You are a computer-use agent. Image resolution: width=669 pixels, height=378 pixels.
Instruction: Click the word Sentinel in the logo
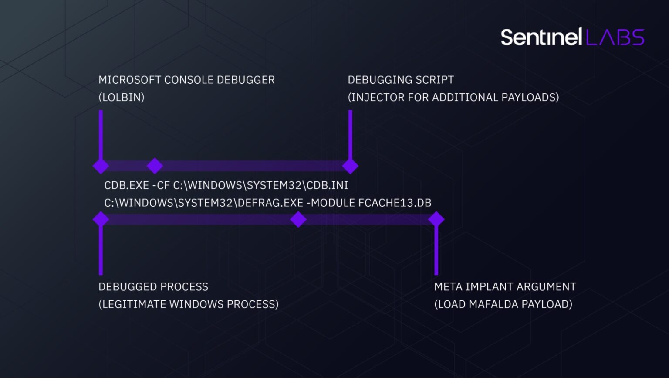(x=541, y=37)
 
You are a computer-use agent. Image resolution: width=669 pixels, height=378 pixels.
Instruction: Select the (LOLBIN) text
(x=121, y=97)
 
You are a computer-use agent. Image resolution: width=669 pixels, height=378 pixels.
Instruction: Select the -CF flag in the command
(x=161, y=185)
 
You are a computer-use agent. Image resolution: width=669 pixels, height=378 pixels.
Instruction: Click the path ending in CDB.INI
(x=260, y=185)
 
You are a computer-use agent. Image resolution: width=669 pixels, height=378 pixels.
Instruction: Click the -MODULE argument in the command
(x=331, y=203)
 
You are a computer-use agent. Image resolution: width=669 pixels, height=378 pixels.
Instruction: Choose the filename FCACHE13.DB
(x=395, y=203)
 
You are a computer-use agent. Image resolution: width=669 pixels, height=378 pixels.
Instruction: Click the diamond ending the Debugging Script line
(x=350, y=166)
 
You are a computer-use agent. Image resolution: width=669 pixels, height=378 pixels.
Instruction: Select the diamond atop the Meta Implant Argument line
(x=436, y=219)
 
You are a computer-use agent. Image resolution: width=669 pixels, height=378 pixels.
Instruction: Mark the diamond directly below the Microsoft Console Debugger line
(x=101, y=166)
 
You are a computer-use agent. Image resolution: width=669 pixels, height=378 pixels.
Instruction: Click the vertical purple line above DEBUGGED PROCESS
(x=101, y=251)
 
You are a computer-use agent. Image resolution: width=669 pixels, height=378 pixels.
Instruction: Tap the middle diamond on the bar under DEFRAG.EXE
(x=298, y=219)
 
